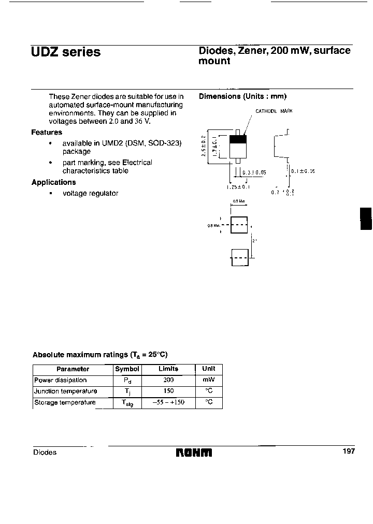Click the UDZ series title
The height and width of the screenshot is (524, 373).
tap(66, 52)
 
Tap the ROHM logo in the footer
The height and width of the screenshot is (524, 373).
tap(194, 453)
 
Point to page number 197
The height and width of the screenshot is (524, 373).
tap(349, 452)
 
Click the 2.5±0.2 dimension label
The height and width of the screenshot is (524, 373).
tap(204, 146)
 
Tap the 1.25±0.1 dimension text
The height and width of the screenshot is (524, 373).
tap(238, 187)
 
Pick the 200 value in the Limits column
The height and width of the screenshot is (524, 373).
tap(168, 380)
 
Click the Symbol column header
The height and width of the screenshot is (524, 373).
tap(127, 369)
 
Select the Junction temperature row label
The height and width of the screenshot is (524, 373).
tap(66, 391)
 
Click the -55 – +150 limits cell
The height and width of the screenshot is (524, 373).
tap(168, 402)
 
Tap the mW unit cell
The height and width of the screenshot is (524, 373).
tap(209, 380)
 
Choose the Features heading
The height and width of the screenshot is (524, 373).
tap(47, 133)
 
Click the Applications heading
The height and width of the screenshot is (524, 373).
tap(53, 182)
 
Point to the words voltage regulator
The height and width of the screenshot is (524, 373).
tap(90, 193)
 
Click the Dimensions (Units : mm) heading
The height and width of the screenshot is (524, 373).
tap(242, 96)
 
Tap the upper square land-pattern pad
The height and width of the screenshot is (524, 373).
tap(239, 225)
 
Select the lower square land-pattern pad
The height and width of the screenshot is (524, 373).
tap(239, 257)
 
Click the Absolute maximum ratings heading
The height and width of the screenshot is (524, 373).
tap(100, 355)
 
